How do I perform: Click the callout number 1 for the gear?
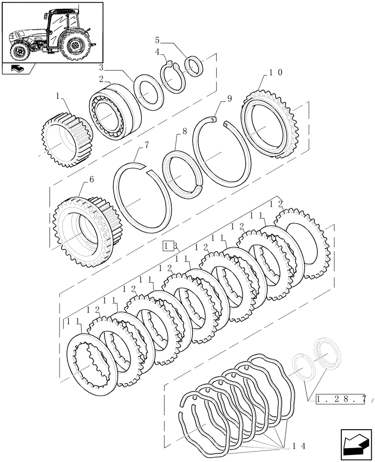pos(58,97)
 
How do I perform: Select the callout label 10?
pos(276,73)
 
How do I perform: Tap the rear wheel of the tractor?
pos(74,46)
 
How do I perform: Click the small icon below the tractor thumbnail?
pos(17,69)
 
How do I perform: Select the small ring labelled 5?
pos(194,66)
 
